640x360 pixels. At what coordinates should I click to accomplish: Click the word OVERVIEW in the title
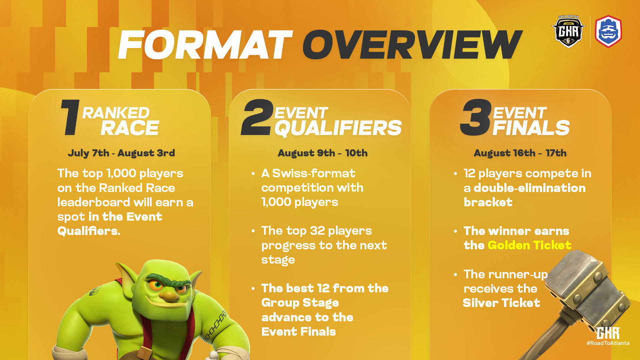pyautogui.click(x=412, y=45)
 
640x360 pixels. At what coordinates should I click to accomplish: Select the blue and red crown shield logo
pyautogui.click(x=608, y=32)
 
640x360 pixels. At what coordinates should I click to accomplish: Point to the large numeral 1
pyautogui.click(x=71, y=117)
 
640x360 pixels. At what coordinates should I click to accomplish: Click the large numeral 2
pyautogui.click(x=257, y=117)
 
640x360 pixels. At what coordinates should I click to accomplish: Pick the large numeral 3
pyautogui.click(x=476, y=117)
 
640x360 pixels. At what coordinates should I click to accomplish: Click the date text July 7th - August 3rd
pyautogui.click(x=121, y=153)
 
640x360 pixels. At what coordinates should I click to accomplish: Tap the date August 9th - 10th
pyautogui.click(x=323, y=153)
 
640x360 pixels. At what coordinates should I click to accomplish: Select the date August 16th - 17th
pyautogui.click(x=520, y=153)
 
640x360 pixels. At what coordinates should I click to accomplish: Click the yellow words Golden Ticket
pyautogui.click(x=529, y=245)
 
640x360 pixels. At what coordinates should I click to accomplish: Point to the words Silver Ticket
pyautogui.click(x=501, y=303)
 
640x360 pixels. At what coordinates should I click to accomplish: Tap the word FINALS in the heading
pyautogui.click(x=531, y=128)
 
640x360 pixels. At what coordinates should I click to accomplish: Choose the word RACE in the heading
pyautogui.click(x=130, y=128)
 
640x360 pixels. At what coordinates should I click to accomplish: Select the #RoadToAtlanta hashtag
pyautogui.click(x=608, y=343)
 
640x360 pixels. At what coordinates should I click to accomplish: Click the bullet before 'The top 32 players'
pyautogui.click(x=253, y=231)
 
